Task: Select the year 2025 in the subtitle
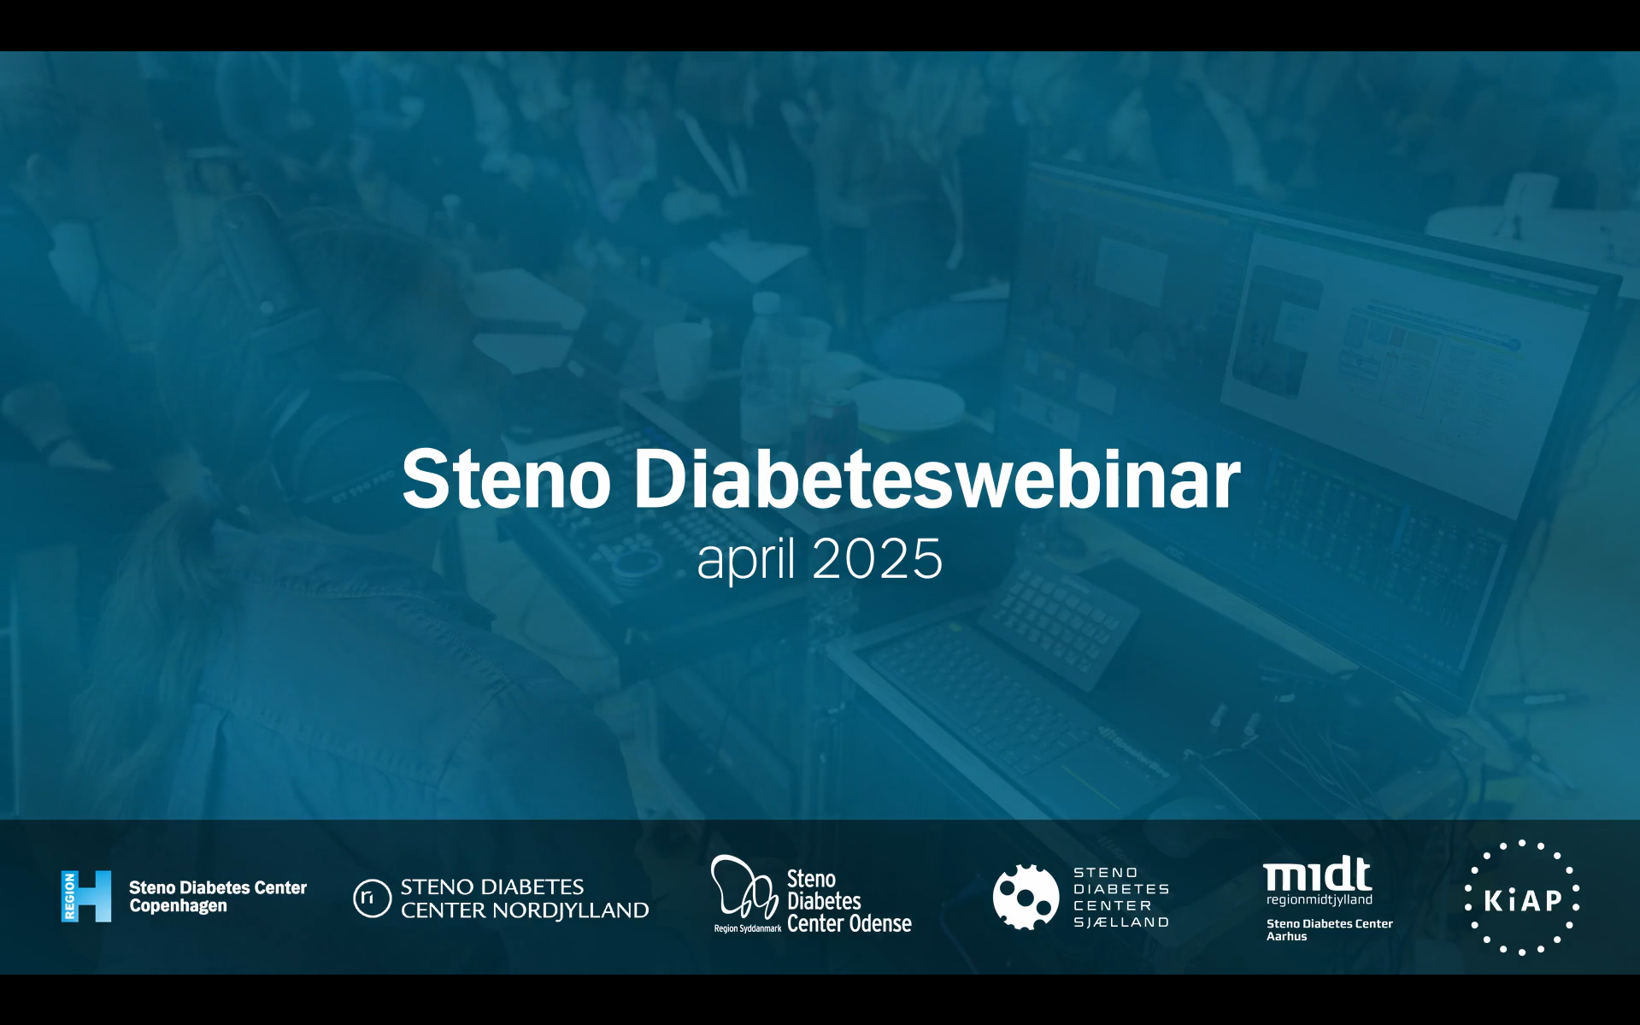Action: pos(878,559)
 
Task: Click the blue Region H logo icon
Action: pos(86,896)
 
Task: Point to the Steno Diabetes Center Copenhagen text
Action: pos(218,897)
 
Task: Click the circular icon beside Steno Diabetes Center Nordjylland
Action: pos(373,898)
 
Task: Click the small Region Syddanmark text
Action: pos(748,928)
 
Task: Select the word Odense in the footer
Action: pos(880,923)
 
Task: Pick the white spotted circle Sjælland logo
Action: pos(1026,897)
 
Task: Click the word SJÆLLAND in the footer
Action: pos(1121,922)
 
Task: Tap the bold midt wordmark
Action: pos(1318,874)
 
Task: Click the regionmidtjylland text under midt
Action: pos(1320,900)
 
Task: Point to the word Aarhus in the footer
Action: pos(1287,937)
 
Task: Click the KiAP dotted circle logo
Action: pos(1522,898)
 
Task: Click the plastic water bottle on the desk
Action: pos(765,368)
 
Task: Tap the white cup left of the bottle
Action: pos(683,360)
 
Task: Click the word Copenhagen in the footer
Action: pos(179,906)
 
